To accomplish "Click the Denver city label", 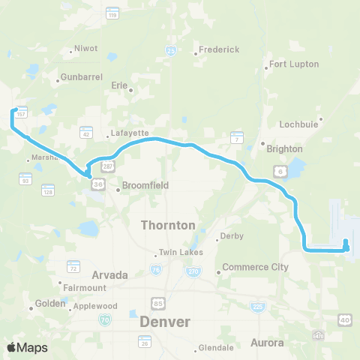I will coord(165,322).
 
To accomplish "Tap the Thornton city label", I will coord(169,225).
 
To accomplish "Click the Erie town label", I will coord(119,85).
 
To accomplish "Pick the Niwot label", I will coord(82,51).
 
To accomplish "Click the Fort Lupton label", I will coord(295,64).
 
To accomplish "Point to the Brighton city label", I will coord(285,148).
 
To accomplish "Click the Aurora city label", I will coord(267,343).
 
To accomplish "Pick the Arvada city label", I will coord(109,275).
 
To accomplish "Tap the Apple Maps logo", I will coord(26,347).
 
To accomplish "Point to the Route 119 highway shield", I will coord(113,13).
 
